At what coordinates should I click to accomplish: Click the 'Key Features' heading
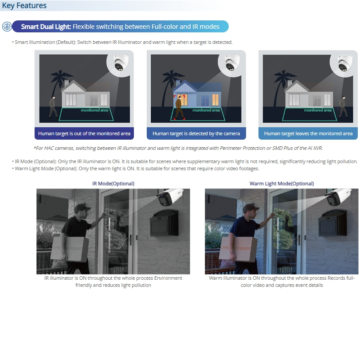[24, 5]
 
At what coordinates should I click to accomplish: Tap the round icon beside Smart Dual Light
[7, 27]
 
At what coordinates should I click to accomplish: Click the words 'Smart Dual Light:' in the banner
[46, 27]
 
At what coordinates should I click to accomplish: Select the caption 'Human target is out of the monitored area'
[84, 133]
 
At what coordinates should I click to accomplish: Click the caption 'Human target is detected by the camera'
[196, 133]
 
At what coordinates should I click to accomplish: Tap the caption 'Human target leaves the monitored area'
[308, 133]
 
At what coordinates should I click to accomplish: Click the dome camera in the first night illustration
[121, 62]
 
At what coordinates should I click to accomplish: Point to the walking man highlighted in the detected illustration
[179, 108]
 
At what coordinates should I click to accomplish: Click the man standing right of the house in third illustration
[343, 107]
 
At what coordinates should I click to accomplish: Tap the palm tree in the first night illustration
[59, 88]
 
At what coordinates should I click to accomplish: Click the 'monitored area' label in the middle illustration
[206, 110]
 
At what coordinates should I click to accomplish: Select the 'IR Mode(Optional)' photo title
[113, 184]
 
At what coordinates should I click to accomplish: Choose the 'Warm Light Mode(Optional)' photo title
[282, 184]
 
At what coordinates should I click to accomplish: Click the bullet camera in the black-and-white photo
[170, 196]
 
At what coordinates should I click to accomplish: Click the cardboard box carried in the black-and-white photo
[70, 249]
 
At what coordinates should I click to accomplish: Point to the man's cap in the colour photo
[250, 208]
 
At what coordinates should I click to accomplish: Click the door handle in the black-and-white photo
[130, 240]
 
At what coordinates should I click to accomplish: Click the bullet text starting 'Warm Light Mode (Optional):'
[136, 168]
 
